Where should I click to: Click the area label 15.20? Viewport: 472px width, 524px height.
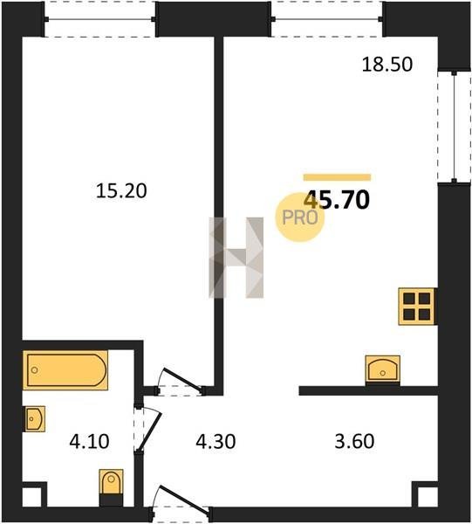click(121, 190)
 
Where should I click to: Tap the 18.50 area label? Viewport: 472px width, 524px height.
click(387, 64)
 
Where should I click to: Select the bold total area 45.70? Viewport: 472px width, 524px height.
click(337, 199)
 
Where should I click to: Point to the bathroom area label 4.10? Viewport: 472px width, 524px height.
click(89, 441)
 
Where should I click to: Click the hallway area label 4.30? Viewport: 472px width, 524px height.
click(215, 441)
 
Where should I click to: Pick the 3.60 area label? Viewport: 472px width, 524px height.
click(354, 441)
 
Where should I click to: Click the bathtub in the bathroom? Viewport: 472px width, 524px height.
click(65, 370)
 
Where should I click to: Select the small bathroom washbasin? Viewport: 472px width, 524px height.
click(34, 418)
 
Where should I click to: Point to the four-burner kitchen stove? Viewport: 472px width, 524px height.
click(417, 307)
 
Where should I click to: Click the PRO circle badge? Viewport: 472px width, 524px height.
click(300, 217)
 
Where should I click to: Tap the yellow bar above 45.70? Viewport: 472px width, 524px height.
click(337, 177)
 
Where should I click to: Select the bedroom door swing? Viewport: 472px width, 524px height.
click(181, 381)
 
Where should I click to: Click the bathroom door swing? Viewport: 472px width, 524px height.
click(147, 429)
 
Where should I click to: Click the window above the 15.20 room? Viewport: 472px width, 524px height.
click(100, 19)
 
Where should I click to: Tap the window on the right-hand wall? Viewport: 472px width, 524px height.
click(454, 127)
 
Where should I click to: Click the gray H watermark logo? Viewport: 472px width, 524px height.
click(236, 258)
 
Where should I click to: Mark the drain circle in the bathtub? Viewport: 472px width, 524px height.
click(34, 370)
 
